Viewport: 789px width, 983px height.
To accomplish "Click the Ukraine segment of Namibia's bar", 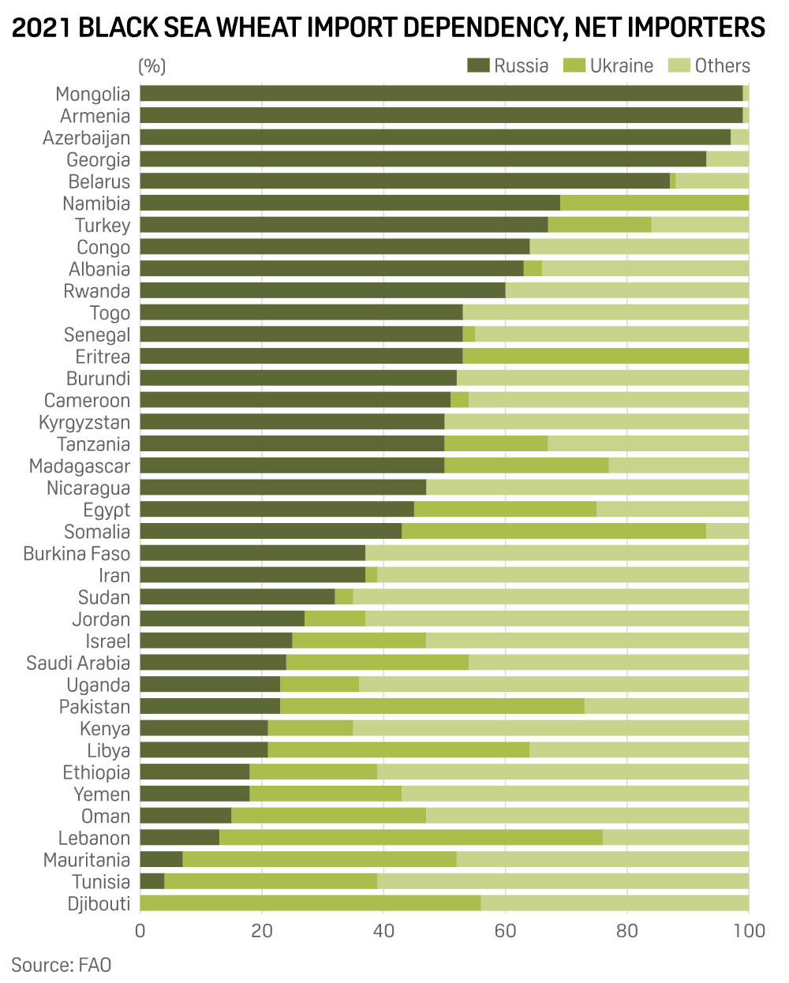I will (x=654, y=203).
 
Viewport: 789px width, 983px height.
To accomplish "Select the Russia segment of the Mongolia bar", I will (x=441, y=94).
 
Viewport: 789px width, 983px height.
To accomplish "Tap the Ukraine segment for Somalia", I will (x=553, y=531).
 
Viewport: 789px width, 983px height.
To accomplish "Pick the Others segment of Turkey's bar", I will (x=700, y=225).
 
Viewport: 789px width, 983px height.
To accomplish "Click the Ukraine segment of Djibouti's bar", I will (x=310, y=903).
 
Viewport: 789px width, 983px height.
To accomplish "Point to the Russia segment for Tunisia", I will (x=152, y=881).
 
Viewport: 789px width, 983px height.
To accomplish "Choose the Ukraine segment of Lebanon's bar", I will (x=410, y=838).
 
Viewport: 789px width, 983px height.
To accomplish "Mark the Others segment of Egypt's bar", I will (x=672, y=510).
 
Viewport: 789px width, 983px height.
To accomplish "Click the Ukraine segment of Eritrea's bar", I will (x=605, y=357).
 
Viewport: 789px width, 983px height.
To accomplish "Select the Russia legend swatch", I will (x=478, y=65).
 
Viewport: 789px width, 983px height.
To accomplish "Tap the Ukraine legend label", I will (x=622, y=65).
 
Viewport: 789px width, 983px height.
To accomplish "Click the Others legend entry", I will (x=709, y=65).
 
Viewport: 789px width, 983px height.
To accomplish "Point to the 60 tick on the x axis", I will (x=506, y=931).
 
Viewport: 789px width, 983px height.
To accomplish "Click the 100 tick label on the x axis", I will (x=748, y=931).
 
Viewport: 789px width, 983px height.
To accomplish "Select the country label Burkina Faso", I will (x=77, y=553).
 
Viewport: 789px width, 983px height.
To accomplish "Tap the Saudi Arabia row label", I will (x=78, y=663).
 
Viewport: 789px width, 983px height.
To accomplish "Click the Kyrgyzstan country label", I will (x=84, y=422).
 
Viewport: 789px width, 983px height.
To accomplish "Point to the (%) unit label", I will (x=152, y=65).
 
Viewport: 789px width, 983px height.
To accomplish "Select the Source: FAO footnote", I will (x=62, y=964).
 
